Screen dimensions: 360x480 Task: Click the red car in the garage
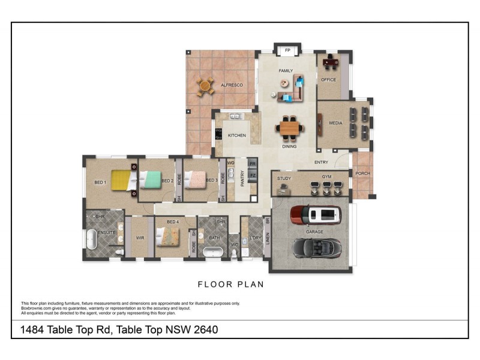point(316,214)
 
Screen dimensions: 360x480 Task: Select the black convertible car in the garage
point(316,247)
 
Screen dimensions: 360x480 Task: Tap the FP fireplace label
point(287,50)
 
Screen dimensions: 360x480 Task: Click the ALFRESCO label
point(232,85)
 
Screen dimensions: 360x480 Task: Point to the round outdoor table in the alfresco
point(206,86)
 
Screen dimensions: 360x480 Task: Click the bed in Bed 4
point(168,239)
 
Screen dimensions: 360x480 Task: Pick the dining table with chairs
point(290,128)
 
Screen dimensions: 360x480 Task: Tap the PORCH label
point(362,173)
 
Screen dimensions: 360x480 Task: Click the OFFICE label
point(328,80)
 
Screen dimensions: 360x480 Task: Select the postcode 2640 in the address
point(205,329)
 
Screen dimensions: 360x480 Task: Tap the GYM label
point(326,178)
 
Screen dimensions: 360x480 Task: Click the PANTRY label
point(242,179)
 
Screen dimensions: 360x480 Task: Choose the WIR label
point(140,238)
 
